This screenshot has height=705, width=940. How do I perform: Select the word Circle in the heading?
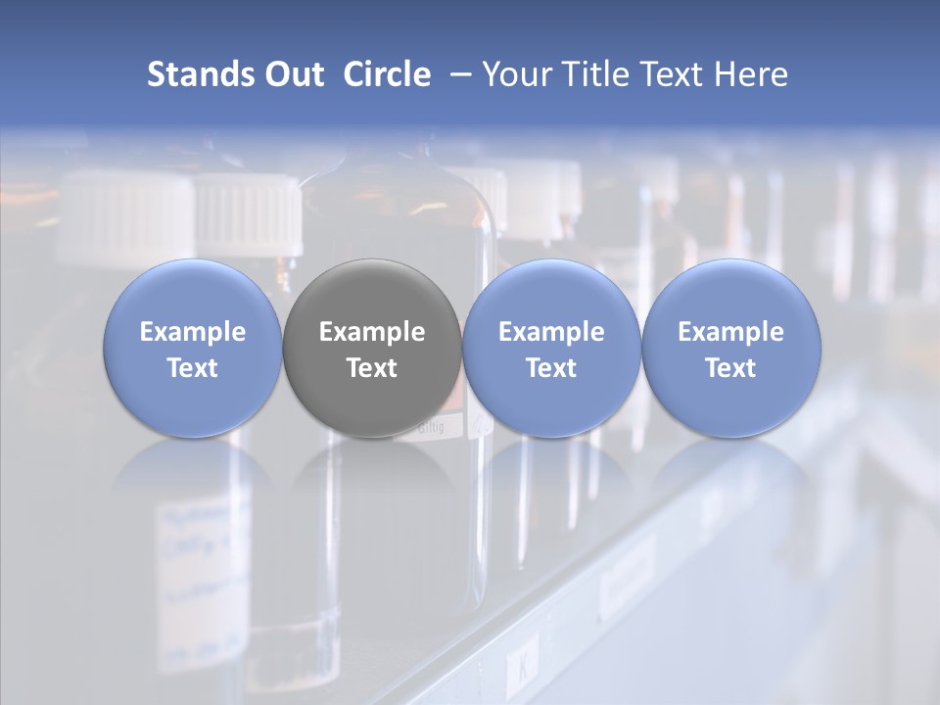click(x=387, y=74)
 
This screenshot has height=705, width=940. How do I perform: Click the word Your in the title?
click(x=512, y=74)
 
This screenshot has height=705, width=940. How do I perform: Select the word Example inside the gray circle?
click(x=372, y=332)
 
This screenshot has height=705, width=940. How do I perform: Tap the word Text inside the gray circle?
click(x=372, y=368)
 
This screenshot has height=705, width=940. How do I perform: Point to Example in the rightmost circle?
click(x=731, y=332)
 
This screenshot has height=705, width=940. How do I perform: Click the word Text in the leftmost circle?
click(x=193, y=368)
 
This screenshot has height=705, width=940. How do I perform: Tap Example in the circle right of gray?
click(x=551, y=332)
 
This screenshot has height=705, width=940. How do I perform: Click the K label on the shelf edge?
click(x=521, y=671)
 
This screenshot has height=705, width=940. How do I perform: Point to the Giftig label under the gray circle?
click(x=431, y=427)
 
